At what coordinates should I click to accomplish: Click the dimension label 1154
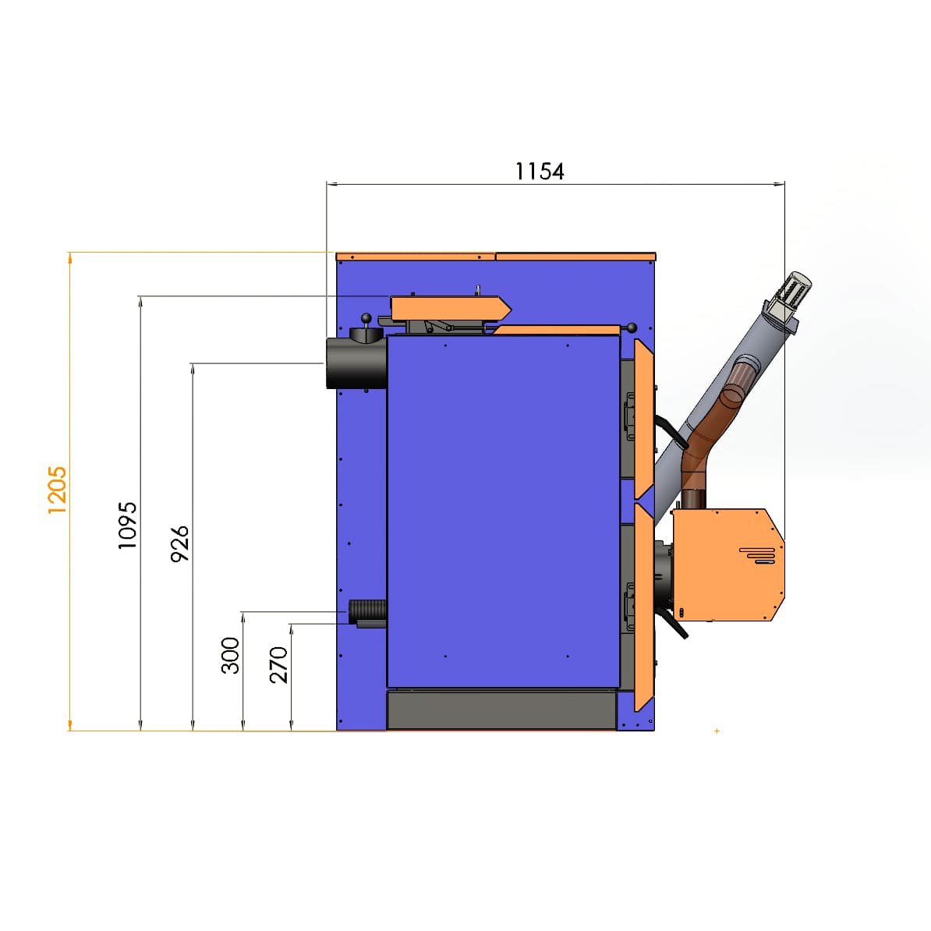click(x=539, y=172)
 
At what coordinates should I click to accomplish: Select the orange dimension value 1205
click(x=58, y=490)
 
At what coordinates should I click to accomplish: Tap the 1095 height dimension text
click(x=128, y=526)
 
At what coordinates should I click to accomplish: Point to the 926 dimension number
click(x=179, y=544)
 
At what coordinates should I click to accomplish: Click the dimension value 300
click(x=230, y=656)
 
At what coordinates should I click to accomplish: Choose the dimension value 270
click(x=278, y=665)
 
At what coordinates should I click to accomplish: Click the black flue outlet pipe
click(x=356, y=363)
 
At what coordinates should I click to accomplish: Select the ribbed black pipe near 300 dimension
click(x=367, y=611)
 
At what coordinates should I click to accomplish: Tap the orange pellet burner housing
click(x=728, y=565)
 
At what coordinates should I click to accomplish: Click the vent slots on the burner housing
click(x=758, y=555)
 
